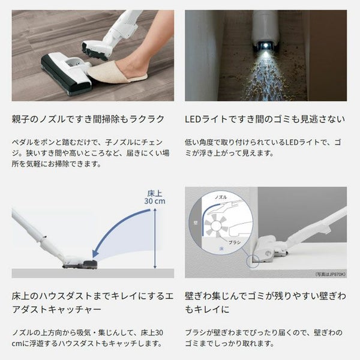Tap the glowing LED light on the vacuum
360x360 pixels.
[266, 46]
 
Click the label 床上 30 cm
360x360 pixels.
[155, 197]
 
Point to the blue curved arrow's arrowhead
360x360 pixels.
[95, 254]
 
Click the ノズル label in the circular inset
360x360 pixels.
[221, 197]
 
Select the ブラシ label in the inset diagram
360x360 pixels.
[235, 242]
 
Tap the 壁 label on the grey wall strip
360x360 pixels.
[196, 223]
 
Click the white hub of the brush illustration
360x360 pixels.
[216, 226]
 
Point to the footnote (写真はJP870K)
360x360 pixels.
[331, 274]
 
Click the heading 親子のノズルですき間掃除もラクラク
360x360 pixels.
[88, 119]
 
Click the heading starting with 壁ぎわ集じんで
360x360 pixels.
[265, 302]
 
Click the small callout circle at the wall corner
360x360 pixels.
[253, 261]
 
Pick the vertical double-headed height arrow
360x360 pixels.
[155, 238]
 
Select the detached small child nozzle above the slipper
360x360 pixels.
[94, 50]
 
